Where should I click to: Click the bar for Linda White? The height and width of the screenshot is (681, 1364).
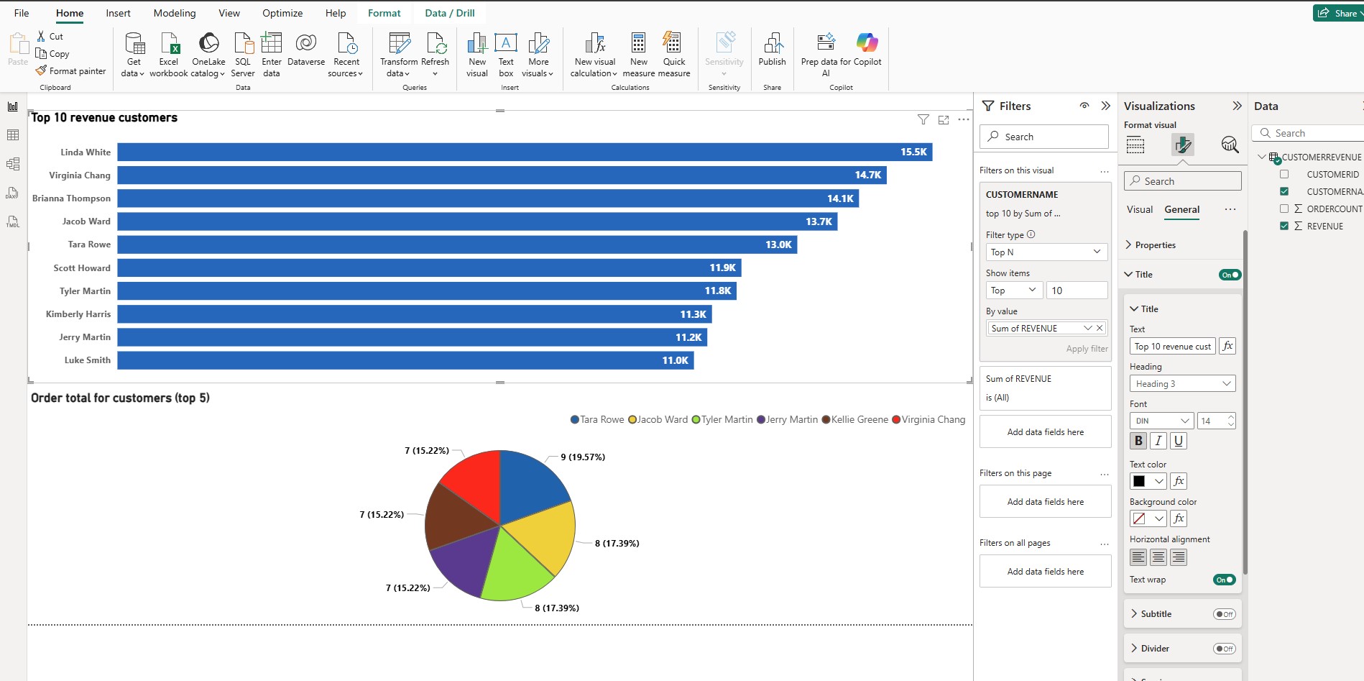point(525,152)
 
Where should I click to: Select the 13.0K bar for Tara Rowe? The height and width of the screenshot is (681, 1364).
point(457,244)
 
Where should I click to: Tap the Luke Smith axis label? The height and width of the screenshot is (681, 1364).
point(88,360)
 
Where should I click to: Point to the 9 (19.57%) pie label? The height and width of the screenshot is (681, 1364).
point(583,457)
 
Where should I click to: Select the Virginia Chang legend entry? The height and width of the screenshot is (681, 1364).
point(928,419)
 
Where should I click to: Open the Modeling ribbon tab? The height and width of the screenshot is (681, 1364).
point(175,13)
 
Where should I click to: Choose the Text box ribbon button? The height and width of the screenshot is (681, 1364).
point(506,54)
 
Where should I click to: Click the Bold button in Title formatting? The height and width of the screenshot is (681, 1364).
point(1138,441)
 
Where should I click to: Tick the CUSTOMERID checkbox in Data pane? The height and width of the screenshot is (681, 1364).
point(1284,174)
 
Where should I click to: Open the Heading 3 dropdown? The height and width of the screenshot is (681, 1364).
point(1182,384)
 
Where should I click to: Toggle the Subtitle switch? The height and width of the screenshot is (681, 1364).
point(1224,614)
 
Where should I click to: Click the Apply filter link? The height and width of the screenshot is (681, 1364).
point(1087,349)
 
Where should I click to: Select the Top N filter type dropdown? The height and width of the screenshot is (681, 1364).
point(1046,252)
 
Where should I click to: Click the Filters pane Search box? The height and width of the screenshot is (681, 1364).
point(1044,137)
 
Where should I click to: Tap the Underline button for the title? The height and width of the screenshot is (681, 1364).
point(1178,441)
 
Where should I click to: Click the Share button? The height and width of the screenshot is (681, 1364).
point(1338,13)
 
